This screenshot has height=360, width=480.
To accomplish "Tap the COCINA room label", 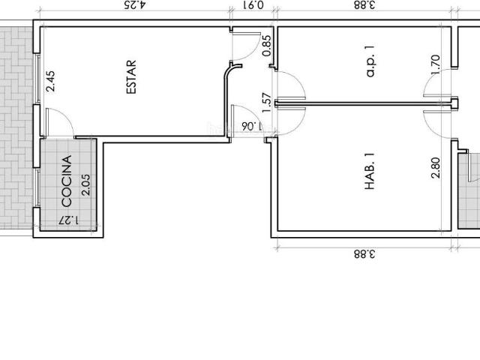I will tap(67, 181).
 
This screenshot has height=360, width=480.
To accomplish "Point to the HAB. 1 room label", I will tap(369, 171).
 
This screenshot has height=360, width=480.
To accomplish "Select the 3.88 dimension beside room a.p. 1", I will tap(364, 6).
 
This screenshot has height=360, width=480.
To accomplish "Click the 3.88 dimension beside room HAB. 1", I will tap(364, 253).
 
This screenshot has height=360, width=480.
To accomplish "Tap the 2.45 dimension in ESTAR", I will tap(50, 81).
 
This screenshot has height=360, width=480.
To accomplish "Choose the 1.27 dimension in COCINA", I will tap(68, 220).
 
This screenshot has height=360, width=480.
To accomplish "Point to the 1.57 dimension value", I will tap(265, 102).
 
